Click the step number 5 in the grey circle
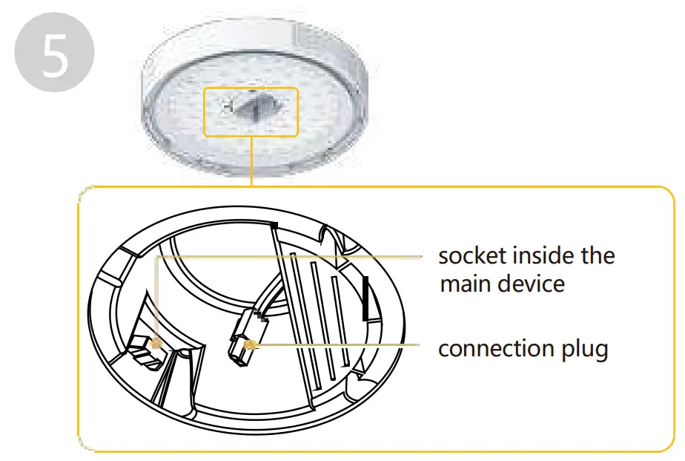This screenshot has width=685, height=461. pos(54,57)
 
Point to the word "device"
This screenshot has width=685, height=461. pos(531,284)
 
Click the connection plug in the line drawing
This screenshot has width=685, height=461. pos(241,343)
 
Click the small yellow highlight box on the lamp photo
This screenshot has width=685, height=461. pos(251,112)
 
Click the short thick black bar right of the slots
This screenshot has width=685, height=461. pos(364,295)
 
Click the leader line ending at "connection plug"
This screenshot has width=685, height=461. pos(341,344)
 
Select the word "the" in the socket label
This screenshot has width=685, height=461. pos(598,256)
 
